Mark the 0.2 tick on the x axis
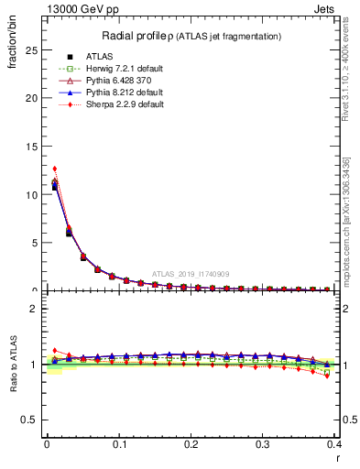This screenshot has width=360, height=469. (191, 444)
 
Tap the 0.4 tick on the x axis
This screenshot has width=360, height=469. (335, 444)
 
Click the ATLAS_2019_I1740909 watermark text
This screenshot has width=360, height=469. (191, 273)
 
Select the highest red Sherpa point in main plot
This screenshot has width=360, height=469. (55, 169)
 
